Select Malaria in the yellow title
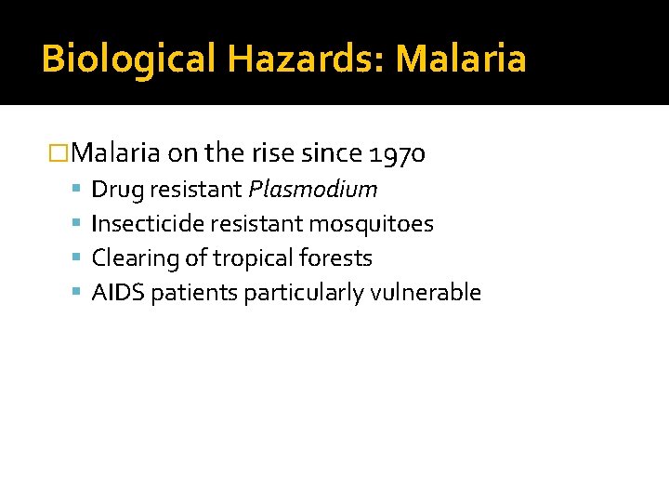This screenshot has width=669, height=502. pyautogui.click(x=461, y=59)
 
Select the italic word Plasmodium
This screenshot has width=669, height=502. pyautogui.click(x=312, y=190)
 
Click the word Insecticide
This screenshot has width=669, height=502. pyautogui.click(x=148, y=224)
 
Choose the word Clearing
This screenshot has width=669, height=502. pyautogui.click(x=128, y=258)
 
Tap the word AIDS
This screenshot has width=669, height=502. pyautogui.click(x=118, y=293)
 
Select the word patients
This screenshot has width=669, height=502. pyautogui.click(x=194, y=293)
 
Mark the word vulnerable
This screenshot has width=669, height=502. pyautogui.click(x=426, y=293)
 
